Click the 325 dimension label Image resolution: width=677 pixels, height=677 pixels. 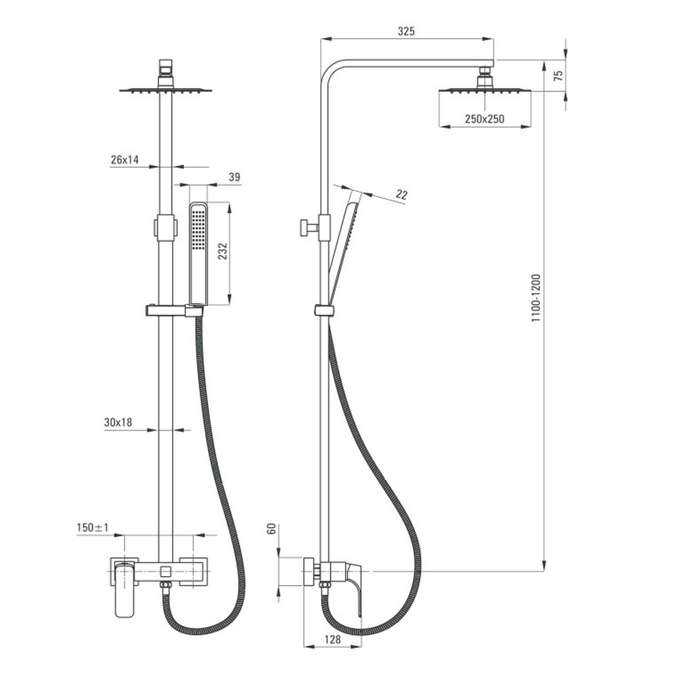[x=406, y=31]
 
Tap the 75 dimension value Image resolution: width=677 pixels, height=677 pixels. [x=558, y=75]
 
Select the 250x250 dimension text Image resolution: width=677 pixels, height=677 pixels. [x=484, y=119]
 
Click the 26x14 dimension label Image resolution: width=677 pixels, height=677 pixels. [x=125, y=160]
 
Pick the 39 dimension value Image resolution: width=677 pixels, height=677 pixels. [x=234, y=177]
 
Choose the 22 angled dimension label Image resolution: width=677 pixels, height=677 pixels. [x=401, y=195]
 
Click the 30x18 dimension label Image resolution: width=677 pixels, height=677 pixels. [x=118, y=422]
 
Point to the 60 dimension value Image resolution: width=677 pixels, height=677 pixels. [x=271, y=529]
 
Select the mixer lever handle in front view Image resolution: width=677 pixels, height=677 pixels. [x=125, y=589]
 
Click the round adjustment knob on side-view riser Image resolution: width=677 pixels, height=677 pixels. [x=306, y=227]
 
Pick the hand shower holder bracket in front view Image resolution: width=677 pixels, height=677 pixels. [x=173, y=311]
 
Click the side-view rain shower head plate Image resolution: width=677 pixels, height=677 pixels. [x=485, y=90]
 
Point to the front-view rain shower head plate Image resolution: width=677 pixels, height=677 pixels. [x=166, y=89]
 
